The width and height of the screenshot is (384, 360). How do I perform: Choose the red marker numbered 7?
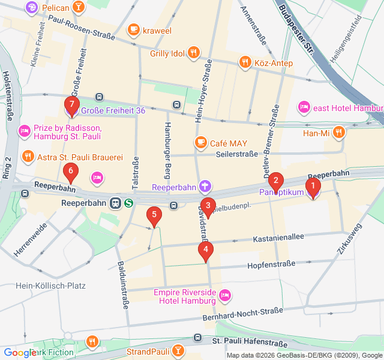71,106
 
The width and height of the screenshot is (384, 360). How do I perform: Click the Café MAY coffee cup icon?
200,142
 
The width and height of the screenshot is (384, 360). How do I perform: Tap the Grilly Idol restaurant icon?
193,53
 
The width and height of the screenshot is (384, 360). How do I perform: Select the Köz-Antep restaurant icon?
244,62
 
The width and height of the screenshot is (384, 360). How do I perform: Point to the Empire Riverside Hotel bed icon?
225,295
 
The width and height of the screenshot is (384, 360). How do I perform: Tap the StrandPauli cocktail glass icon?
178,350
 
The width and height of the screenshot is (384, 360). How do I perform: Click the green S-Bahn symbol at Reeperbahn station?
128,203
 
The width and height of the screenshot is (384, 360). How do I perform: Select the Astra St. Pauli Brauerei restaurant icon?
28,157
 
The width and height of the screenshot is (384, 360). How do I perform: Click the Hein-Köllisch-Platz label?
52,286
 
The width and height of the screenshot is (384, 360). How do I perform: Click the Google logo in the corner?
19,353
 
